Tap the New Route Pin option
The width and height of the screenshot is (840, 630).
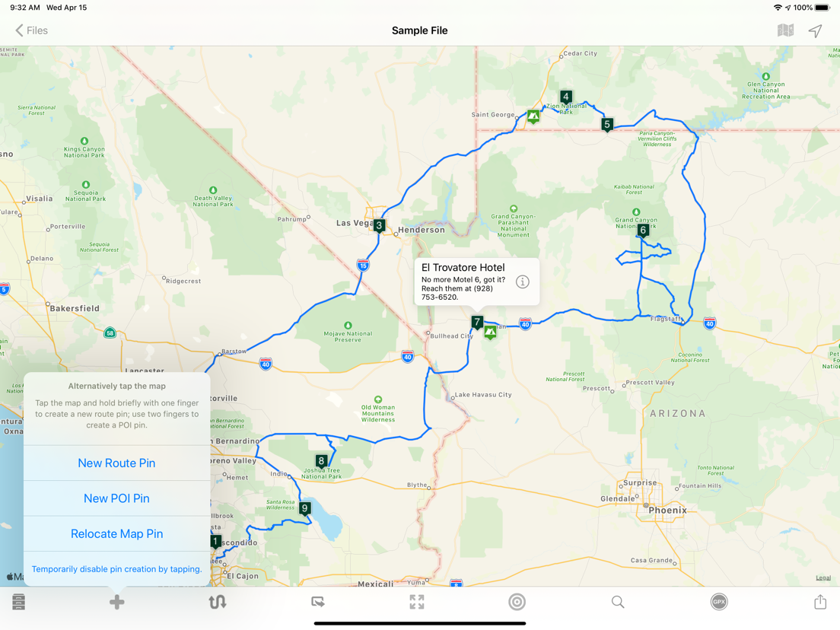point(116,463)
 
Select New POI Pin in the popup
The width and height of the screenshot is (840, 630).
point(116,498)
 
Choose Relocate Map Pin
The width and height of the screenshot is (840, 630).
point(116,533)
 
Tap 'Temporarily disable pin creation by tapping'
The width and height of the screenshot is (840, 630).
point(116,569)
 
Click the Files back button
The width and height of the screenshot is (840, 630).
point(31,30)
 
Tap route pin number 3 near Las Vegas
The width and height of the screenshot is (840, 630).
point(379,225)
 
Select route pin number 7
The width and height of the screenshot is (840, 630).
point(477,322)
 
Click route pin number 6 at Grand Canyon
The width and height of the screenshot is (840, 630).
point(643,230)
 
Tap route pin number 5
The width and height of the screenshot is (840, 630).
point(606,124)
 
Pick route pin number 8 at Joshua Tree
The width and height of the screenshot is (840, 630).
point(321,461)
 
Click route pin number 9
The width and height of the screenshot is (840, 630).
point(305,508)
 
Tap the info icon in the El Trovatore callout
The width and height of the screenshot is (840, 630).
point(522,282)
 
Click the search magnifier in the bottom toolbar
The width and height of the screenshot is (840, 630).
point(618,602)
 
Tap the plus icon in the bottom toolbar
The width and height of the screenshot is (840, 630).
point(116,602)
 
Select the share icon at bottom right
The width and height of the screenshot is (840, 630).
point(819,602)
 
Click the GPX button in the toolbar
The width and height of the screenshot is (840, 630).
point(718,602)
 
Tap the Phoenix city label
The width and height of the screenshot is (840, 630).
point(667,510)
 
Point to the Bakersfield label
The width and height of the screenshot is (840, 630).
point(75,308)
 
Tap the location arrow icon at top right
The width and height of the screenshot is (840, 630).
point(815,30)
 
